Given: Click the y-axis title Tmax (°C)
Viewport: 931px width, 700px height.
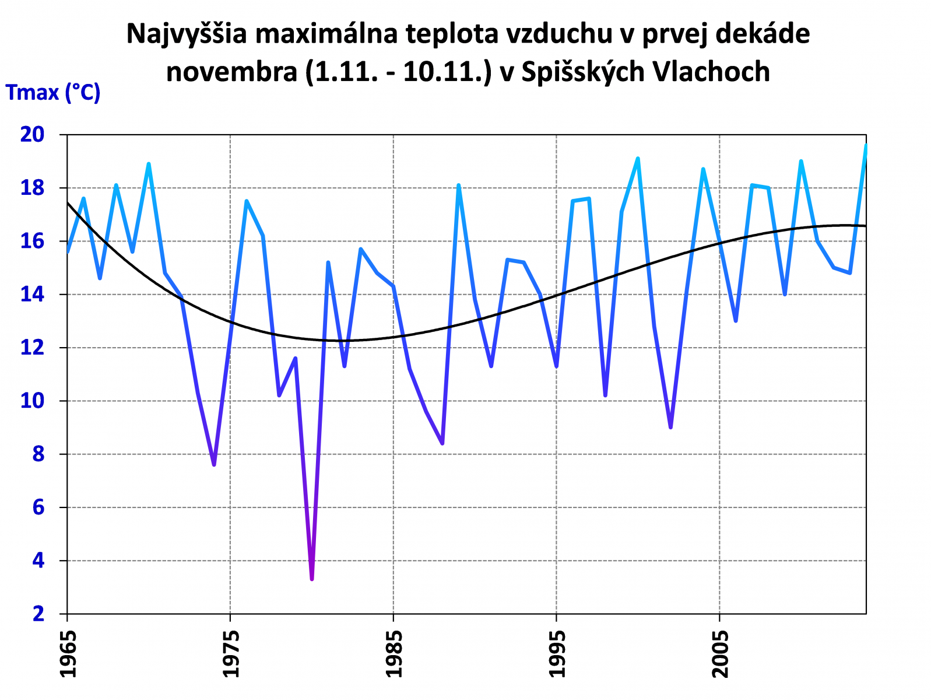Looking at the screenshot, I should [53, 92].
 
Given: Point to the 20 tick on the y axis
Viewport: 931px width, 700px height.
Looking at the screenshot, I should [33, 135].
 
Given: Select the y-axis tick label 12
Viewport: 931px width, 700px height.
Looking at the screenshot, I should [33, 348].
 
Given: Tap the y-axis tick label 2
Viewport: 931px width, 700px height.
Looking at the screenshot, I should [38, 614].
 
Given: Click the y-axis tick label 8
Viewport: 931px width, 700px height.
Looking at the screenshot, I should [38, 454].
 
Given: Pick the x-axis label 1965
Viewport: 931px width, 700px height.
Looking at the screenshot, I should [68, 653].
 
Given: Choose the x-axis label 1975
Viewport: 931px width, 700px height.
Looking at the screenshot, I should [231, 653].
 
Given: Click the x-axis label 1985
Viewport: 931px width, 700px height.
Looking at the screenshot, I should [394, 653].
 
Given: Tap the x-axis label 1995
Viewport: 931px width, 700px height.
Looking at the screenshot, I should [557, 653].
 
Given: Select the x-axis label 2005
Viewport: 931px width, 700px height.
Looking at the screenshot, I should [721, 653].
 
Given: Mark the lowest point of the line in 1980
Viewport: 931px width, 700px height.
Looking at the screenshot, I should [312, 579].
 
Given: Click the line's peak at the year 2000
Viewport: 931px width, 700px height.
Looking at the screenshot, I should [638, 159].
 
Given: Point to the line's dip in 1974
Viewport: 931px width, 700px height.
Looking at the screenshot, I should [214, 464].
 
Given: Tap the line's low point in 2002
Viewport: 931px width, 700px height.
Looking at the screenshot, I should [670, 427].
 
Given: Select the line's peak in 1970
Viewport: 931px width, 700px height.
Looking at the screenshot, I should [149, 164].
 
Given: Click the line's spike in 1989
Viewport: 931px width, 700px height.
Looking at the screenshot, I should [459, 185].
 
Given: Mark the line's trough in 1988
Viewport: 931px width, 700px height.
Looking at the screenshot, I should [442, 443].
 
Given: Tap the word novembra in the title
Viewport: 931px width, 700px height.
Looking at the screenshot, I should [231, 72].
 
